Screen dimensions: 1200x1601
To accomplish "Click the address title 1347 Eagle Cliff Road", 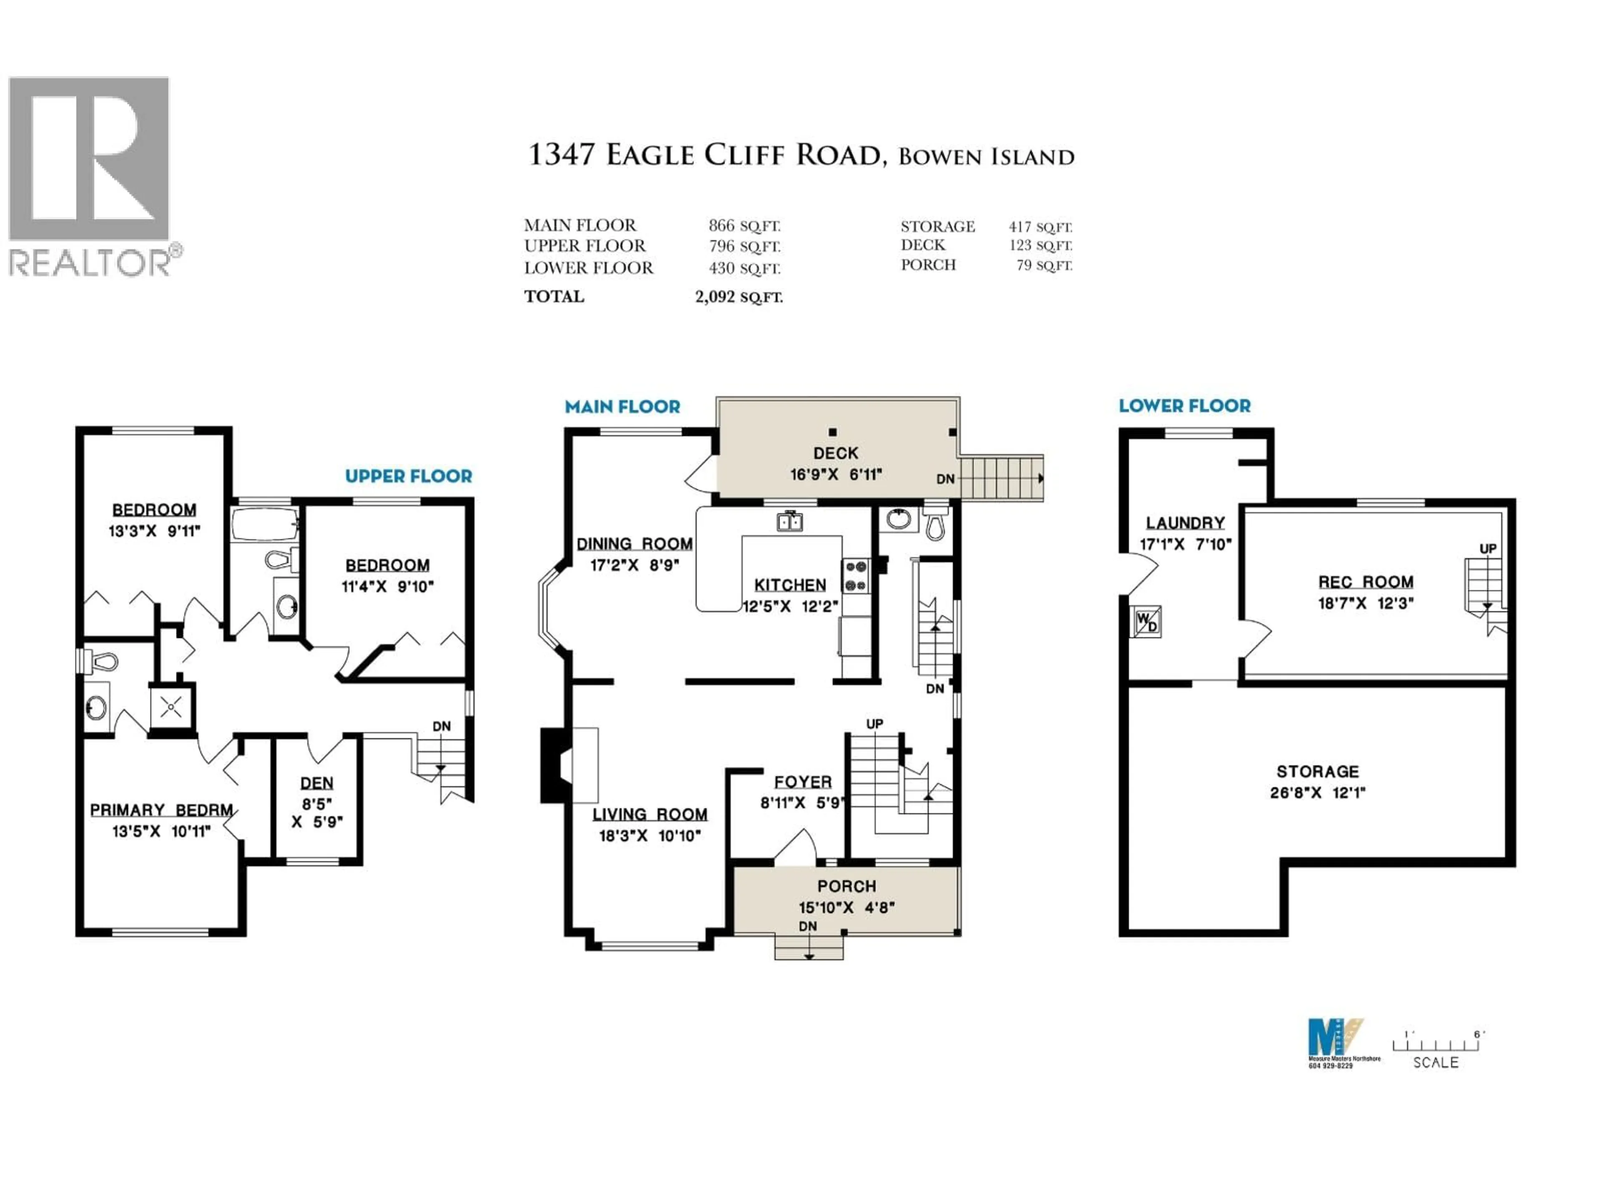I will [706, 155].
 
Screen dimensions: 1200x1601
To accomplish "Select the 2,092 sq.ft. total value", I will [738, 297].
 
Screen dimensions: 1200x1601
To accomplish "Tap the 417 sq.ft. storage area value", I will [1040, 226].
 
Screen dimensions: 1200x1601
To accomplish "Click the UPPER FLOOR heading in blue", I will [408, 476].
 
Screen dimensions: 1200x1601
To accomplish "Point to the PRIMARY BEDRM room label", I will [161, 810].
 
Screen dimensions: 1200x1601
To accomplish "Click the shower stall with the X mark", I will [171, 706].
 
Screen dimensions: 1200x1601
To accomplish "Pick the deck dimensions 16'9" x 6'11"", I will [836, 475].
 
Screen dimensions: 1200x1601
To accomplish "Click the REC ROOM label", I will [1365, 582].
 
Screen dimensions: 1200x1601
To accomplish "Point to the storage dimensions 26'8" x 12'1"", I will [1317, 793].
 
